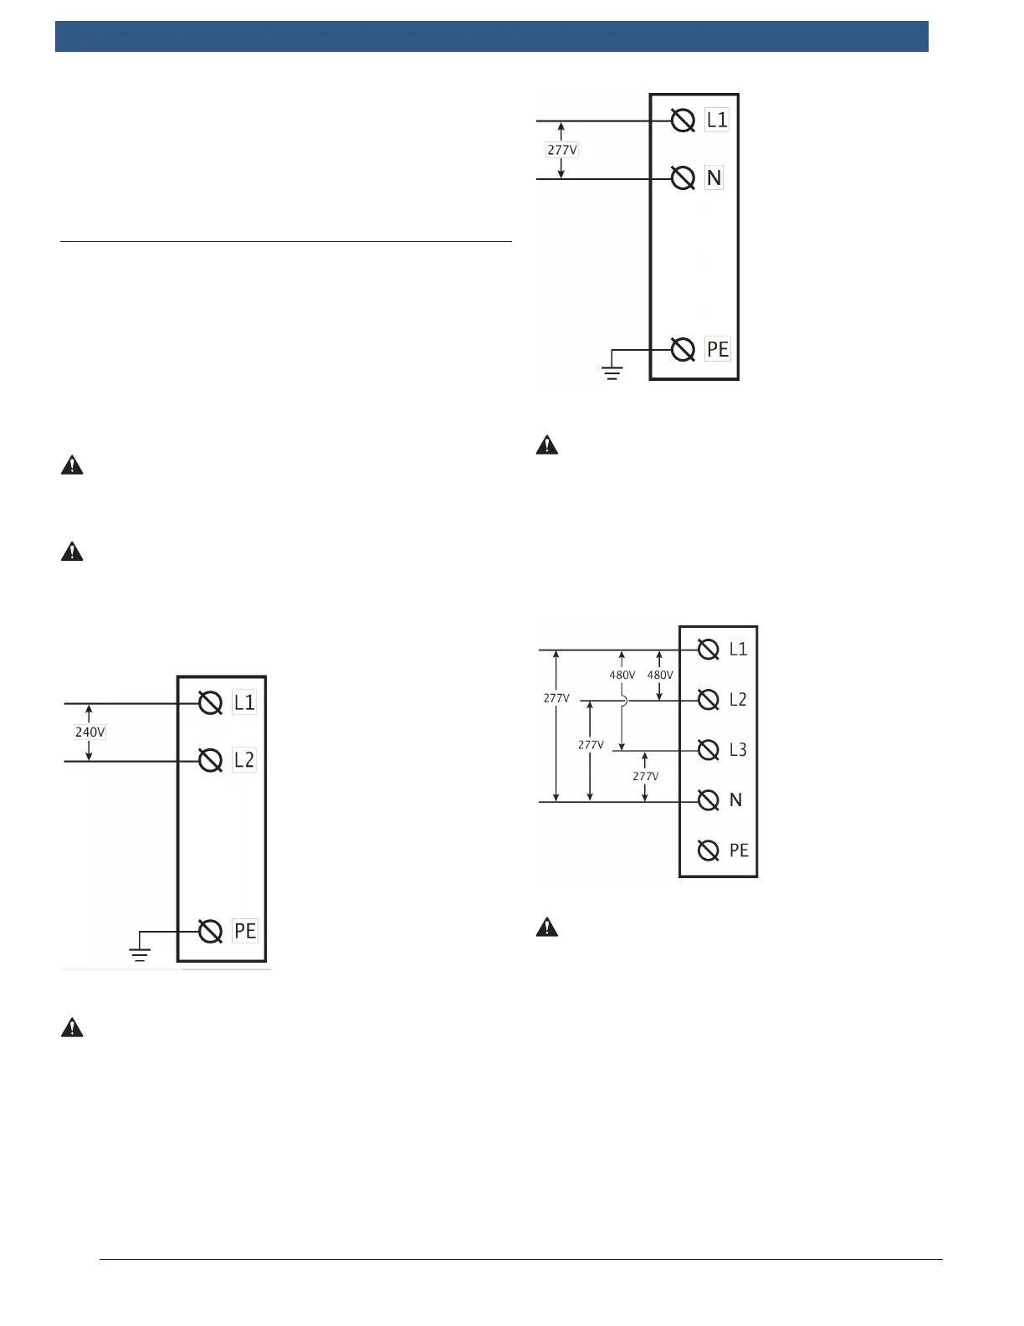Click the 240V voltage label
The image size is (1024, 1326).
pyautogui.click(x=90, y=732)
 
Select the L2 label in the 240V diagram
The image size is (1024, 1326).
pyautogui.click(x=243, y=760)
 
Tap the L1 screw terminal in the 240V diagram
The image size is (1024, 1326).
pyautogui.click(x=210, y=703)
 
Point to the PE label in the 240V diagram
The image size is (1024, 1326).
pyautogui.click(x=244, y=931)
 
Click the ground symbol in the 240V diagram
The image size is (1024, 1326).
pyautogui.click(x=140, y=950)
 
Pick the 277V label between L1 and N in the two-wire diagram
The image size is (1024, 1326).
pyautogui.click(x=562, y=150)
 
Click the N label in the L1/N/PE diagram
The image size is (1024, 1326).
pyautogui.click(x=714, y=177)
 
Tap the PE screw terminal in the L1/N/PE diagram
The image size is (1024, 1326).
pyautogui.click(x=684, y=349)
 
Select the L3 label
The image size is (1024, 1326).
pyautogui.click(x=738, y=750)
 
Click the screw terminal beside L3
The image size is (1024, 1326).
pyautogui.click(x=709, y=750)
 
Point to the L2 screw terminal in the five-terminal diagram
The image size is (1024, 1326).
pyautogui.click(x=709, y=700)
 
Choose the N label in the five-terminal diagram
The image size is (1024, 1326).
pyautogui.click(x=735, y=800)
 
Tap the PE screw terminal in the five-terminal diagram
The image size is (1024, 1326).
pyautogui.click(x=709, y=851)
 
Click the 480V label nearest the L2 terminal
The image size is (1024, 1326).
pyautogui.click(x=660, y=675)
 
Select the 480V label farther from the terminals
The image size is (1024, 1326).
pyautogui.click(x=622, y=675)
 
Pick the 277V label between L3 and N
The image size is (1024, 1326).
pyautogui.click(x=645, y=776)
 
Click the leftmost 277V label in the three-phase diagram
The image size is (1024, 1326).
pyautogui.click(x=556, y=697)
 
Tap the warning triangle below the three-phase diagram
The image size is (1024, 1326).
pyautogui.click(x=547, y=927)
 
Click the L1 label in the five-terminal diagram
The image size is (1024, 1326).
pyautogui.click(x=738, y=650)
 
